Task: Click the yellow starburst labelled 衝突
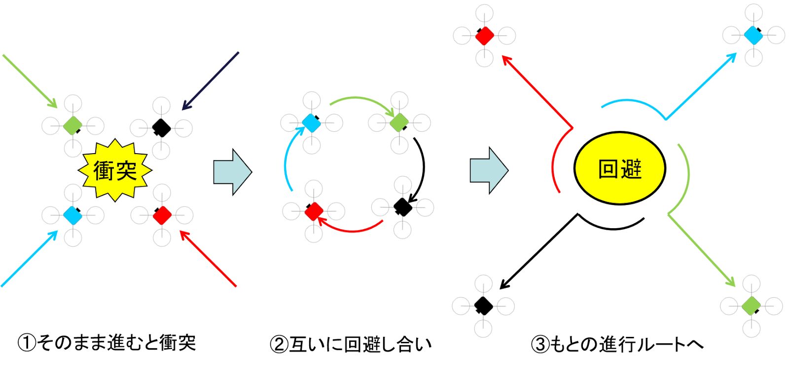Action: pyautogui.click(x=115, y=170)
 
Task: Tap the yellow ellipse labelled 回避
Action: pyautogui.click(x=619, y=168)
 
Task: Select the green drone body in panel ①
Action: pyautogui.click(x=73, y=125)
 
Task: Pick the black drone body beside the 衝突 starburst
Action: pyautogui.click(x=161, y=128)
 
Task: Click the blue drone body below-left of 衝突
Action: pyautogui.click(x=73, y=215)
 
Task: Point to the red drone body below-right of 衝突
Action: pyautogui.click(x=162, y=215)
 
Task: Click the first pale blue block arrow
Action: pyautogui.click(x=233, y=172)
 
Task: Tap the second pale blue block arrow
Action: pyautogui.click(x=489, y=170)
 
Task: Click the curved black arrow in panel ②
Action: pyautogui.click(x=424, y=166)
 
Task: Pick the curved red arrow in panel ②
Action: pyautogui.click(x=352, y=231)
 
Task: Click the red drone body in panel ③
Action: pyautogui.click(x=484, y=36)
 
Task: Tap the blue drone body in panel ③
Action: pyautogui.click(x=753, y=35)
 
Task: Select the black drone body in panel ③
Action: pyautogui.click(x=483, y=306)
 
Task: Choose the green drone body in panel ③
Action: pyautogui.click(x=752, y=306)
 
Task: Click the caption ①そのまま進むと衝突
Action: pyautogui.click(x=107, y=343)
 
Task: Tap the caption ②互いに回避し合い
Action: pyautogui.click(x=351, y=344)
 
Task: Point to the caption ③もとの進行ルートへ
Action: pyautogui.click(x=617, y=344)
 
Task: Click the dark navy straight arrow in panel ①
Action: pyautogui.click(x=210, y=81)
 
